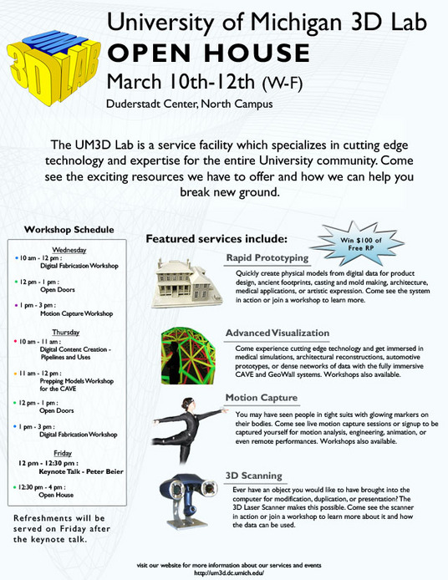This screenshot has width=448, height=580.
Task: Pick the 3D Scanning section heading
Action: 253,476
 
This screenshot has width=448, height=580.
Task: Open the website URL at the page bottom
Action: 223,572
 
